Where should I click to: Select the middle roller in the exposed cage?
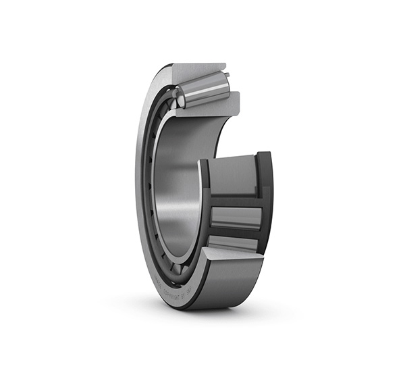click(x=236, y=218)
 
